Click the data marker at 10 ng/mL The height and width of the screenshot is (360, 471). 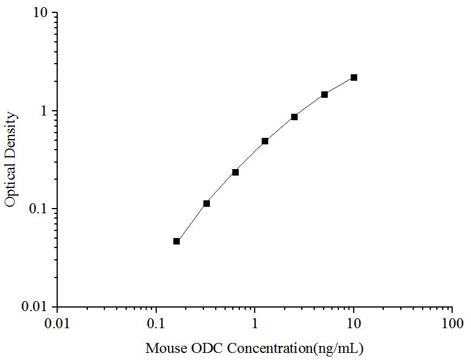354,78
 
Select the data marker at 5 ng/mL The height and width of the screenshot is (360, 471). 324,94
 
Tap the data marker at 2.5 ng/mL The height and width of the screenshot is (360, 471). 294,117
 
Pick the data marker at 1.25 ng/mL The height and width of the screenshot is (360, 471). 265,141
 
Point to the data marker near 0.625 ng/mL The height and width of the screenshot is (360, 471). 235,172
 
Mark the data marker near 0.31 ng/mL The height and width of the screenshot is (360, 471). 206,203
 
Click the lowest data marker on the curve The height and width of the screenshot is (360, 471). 176,241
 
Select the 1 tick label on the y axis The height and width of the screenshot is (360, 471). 45,111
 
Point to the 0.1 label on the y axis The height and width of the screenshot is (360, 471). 41,209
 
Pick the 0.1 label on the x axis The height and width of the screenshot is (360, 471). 156,323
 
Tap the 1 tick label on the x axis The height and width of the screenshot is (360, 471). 255,323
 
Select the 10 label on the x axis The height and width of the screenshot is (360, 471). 354,323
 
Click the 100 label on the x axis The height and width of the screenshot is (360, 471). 452,323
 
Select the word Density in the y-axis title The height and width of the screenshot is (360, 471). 10,135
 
